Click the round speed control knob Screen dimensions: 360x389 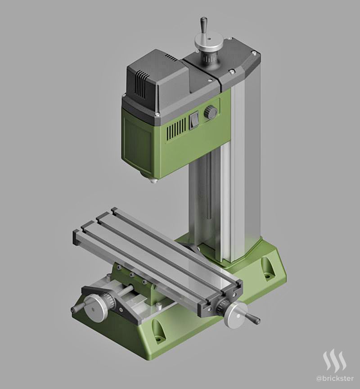(211, 112)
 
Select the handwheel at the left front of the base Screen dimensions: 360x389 (96, 308)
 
